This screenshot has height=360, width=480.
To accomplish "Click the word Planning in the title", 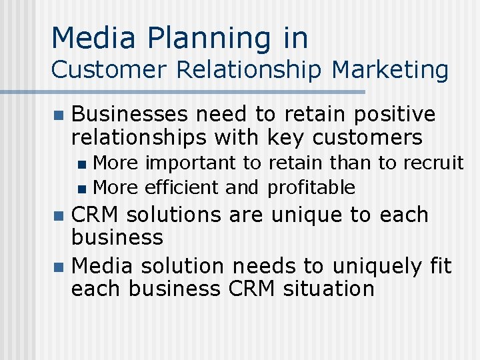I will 206,38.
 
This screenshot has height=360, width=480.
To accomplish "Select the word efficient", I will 181,187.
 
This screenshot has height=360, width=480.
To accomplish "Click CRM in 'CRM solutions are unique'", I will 96,215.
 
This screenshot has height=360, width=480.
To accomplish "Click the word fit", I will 441,266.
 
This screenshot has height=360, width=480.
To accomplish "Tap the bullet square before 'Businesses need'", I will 58,116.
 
